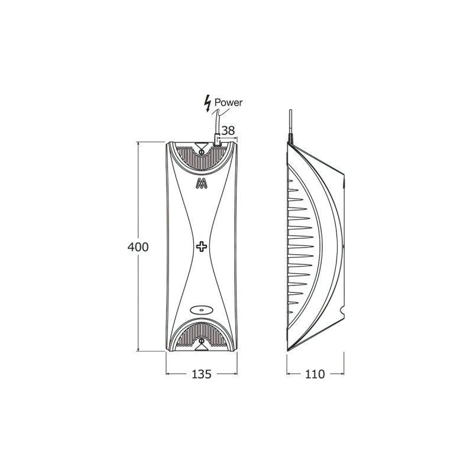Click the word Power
[228, 102]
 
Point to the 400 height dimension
[138, 247]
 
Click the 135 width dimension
[202, 374]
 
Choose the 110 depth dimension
[315, 374]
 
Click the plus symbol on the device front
[202, 246]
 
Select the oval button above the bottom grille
[202, 309]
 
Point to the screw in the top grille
[202, 152]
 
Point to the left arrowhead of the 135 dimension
[168, 374]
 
